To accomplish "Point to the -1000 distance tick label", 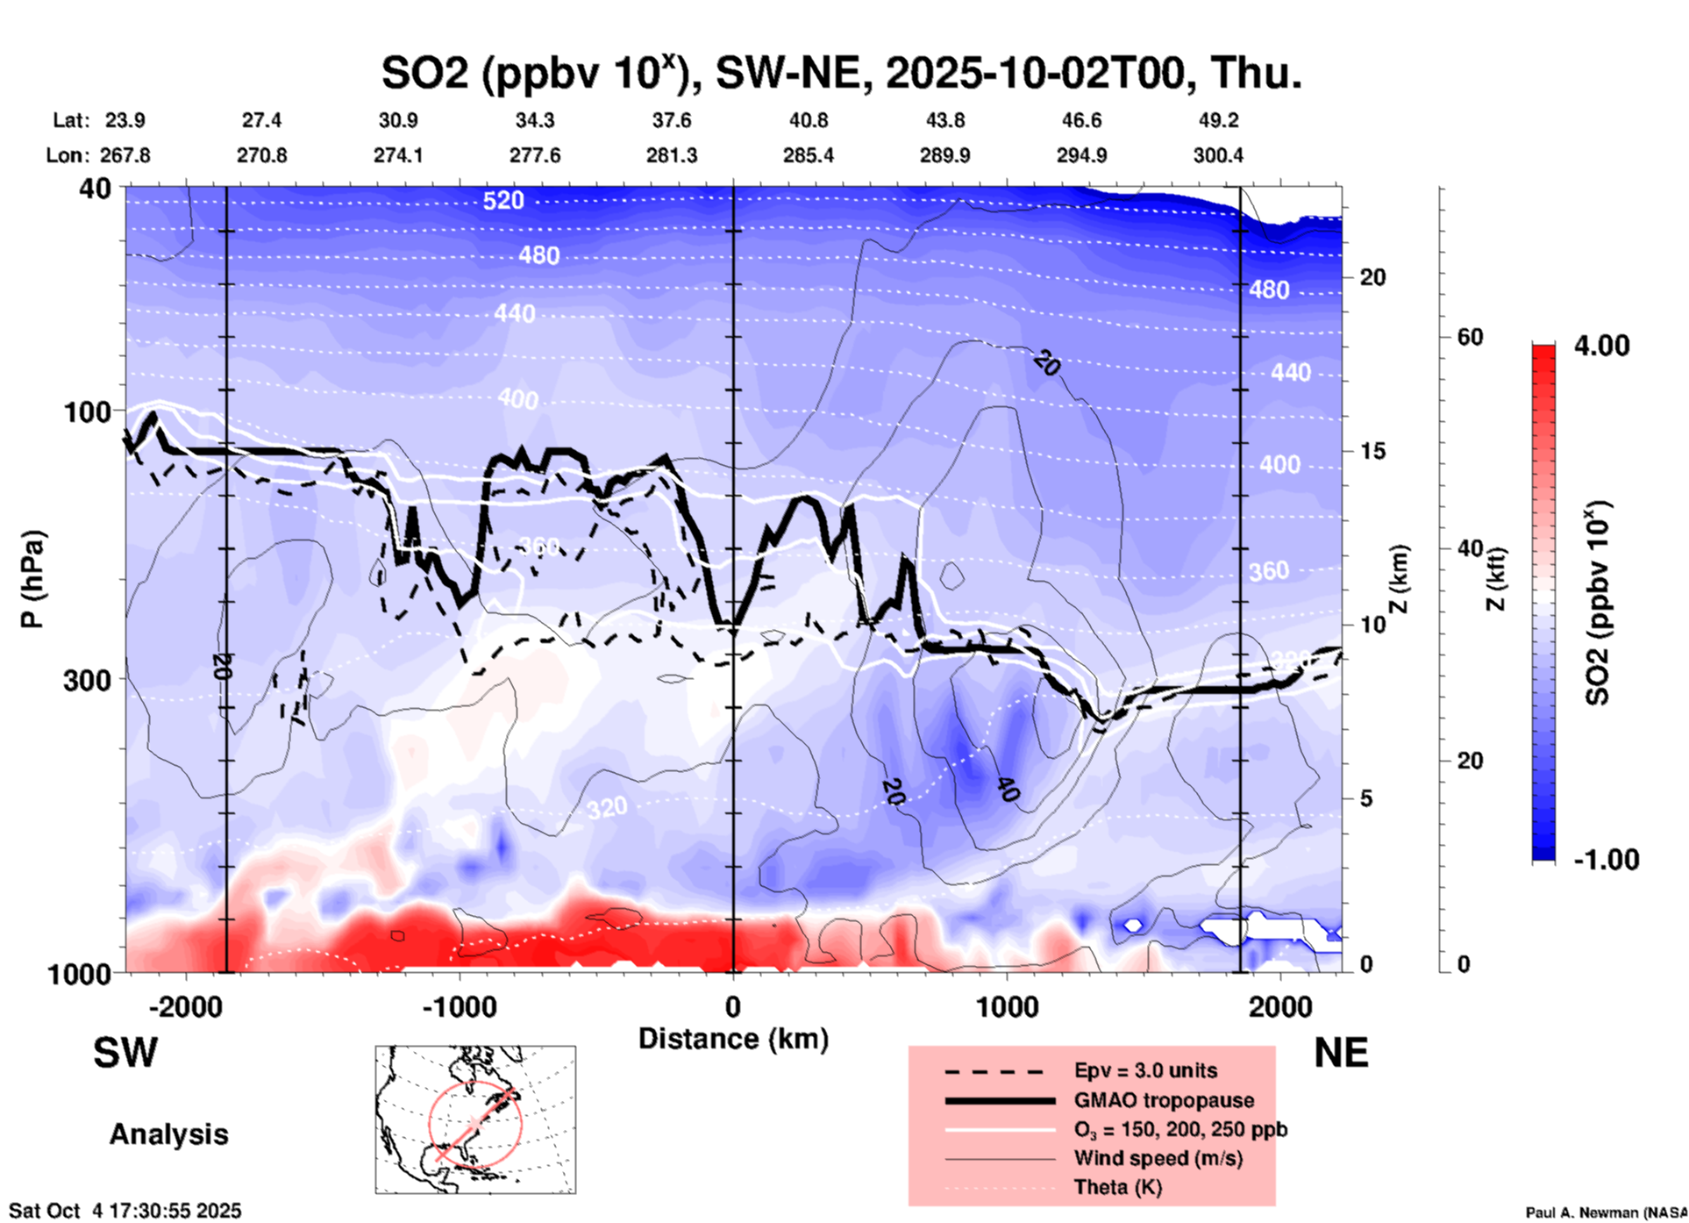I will click(x=459, y=1006).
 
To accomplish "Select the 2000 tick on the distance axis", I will click(x=1281, y=1006).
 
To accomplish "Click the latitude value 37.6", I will click(x=672, y=120).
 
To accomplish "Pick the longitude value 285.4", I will click(x=809, y=156).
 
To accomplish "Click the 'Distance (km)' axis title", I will click(x=733, y=1039).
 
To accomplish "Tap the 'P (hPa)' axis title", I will click(x=33, y=579).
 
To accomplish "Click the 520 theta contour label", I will click(x=503, y=201).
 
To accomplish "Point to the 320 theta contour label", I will click(x=607, y=807).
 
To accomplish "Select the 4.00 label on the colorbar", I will click(x=1602, y=346).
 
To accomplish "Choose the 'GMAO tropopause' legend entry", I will click(x=1164, y=1100).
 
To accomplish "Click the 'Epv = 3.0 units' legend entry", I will click(x=1145, y=1070).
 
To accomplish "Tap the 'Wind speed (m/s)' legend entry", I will click(x=1158, y=1158).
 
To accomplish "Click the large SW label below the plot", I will click(x=125, y=1053).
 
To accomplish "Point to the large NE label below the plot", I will click(x=1341, y=1053).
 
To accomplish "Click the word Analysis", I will click(x=168, y=1134).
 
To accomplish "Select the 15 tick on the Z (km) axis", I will click(x=1372, y=451).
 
